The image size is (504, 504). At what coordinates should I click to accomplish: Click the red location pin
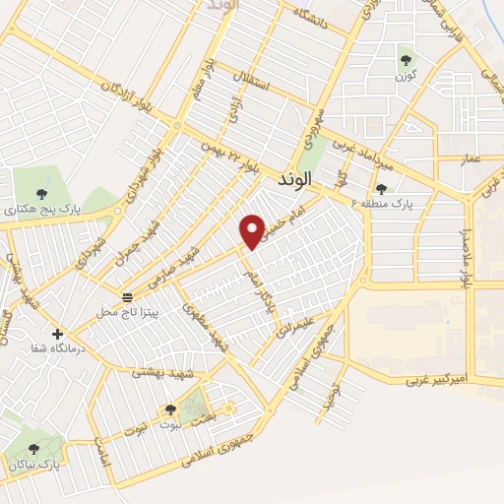253,230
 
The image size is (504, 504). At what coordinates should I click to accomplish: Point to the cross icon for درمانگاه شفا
58,333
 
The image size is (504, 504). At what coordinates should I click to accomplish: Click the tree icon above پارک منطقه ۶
381,188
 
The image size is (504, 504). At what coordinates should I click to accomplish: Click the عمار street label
472,157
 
